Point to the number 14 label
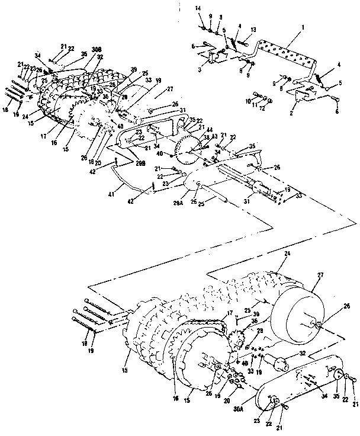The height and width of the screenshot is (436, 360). (200, 7)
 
